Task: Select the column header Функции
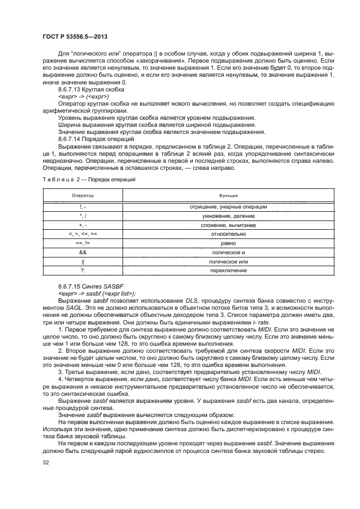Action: [x=228, y=195]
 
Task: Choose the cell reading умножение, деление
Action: [x=228, y=216]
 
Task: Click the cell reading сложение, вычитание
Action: [x=228, y=225]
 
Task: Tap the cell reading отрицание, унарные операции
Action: [x=228, y=207]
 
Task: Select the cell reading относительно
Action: [x=228, y=234]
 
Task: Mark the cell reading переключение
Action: [x=228, y=271]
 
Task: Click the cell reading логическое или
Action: [x=228, y=262]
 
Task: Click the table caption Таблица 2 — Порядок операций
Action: [x=89, y=179]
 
